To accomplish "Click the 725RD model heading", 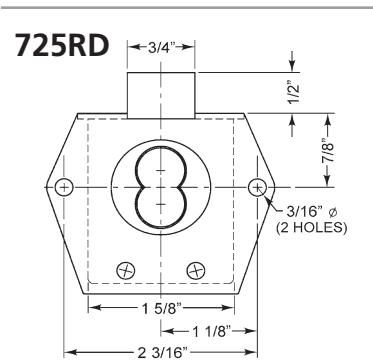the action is (62, 45).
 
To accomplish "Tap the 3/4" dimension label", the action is (162, 48).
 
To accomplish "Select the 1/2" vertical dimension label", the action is (293, 93).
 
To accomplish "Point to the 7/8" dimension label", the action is (329, 151).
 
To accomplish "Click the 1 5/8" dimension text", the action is (161, 309).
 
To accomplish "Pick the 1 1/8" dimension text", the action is (212, 331).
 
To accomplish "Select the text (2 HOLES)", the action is (312, 228).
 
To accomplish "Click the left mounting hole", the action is (64, 187).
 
